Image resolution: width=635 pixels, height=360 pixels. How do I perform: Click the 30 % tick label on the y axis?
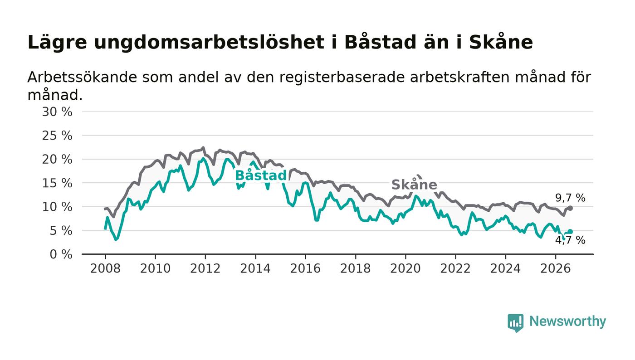point(57,112)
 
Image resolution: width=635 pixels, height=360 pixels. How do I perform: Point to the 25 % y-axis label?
point(57,136)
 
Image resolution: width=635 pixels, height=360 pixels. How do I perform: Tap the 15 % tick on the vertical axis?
point(57,183)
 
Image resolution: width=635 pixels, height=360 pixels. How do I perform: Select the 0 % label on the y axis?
point(61,254)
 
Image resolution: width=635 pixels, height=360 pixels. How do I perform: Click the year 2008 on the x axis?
point(105,268)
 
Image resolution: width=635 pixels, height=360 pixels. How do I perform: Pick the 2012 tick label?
point(205,268)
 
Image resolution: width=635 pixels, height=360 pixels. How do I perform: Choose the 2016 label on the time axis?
point(305,268)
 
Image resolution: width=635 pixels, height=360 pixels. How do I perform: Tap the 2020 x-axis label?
point(405,268)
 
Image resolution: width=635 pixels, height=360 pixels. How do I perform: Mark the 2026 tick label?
point(555,268)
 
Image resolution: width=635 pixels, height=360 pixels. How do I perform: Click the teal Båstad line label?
point(261,175)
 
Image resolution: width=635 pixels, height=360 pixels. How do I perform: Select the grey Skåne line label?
point(414,185)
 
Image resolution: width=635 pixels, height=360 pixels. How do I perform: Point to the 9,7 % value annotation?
point(570,198)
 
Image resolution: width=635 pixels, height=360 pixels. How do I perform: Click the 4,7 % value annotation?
point(570,240)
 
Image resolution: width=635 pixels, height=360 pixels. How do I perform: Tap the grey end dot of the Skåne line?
point(571,208)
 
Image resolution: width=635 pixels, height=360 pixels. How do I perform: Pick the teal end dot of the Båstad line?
point(571,232)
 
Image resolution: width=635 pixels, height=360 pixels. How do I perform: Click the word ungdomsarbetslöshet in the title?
point(209,43)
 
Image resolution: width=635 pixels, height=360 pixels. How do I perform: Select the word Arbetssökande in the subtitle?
point(82,77)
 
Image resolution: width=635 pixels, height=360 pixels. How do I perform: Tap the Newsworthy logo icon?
point(515,323)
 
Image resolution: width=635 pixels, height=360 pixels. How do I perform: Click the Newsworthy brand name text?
point(567,321)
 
